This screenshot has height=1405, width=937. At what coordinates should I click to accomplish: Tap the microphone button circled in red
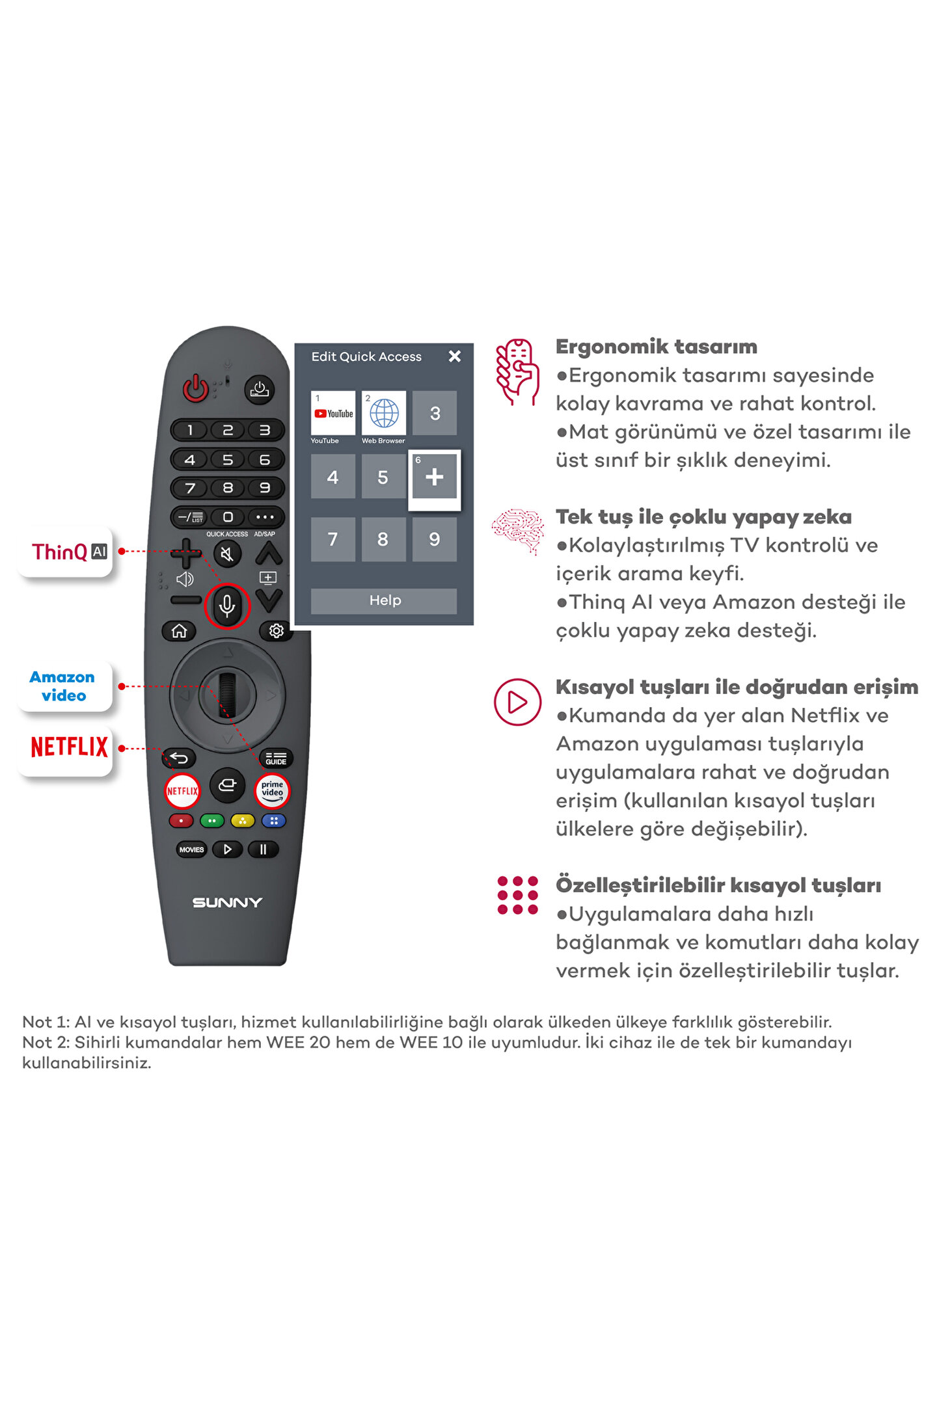[227, 606]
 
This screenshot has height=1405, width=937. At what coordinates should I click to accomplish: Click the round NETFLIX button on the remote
[182, 791]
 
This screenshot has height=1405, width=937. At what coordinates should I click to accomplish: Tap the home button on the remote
[179, 630]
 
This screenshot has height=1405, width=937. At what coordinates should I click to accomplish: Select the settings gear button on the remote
[276, 630]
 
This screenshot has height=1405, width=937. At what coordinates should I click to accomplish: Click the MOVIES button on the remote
[191, 850]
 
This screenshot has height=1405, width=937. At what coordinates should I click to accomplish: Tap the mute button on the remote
[227, 554]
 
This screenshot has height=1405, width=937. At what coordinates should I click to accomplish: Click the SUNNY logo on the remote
[227, 902]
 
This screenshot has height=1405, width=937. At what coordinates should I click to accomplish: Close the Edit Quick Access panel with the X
[455, 356]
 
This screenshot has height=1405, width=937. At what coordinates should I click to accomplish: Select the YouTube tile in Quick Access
[333, 413]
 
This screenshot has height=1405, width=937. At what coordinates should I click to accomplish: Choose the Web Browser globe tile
[384, 413]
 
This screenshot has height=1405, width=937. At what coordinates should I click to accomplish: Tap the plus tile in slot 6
[435, 477]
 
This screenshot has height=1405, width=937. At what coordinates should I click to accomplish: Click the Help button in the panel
[384, 600]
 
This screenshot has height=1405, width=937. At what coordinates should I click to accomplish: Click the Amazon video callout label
[63, 686]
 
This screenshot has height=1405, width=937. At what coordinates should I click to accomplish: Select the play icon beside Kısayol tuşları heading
[517, 702]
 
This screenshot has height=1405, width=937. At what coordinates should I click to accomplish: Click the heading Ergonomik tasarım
[657, 347]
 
